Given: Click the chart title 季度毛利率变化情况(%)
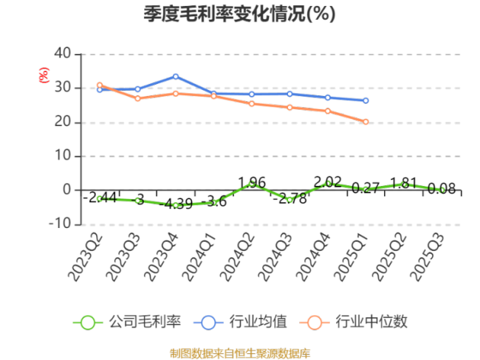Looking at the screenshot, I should coord(239,14).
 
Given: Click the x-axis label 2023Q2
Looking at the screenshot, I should coord(85,255).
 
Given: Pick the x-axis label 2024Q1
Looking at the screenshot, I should coord(199,255).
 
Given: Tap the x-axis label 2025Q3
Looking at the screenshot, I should coord(428,255).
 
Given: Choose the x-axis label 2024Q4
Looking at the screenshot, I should coord(314,255).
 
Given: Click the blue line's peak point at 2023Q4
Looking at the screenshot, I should coord(176,76).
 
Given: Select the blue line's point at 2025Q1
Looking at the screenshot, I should coord(366,100).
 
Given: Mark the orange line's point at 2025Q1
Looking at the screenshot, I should coord(366,122).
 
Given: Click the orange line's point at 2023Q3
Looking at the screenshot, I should coord(137,98).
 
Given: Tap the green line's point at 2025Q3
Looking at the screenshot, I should coord(442,190).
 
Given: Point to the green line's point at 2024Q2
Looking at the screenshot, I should coord(252,183).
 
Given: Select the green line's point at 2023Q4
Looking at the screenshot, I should coord(176,205).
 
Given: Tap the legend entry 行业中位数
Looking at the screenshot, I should coord(354,322).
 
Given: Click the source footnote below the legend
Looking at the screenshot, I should coord(240,353).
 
